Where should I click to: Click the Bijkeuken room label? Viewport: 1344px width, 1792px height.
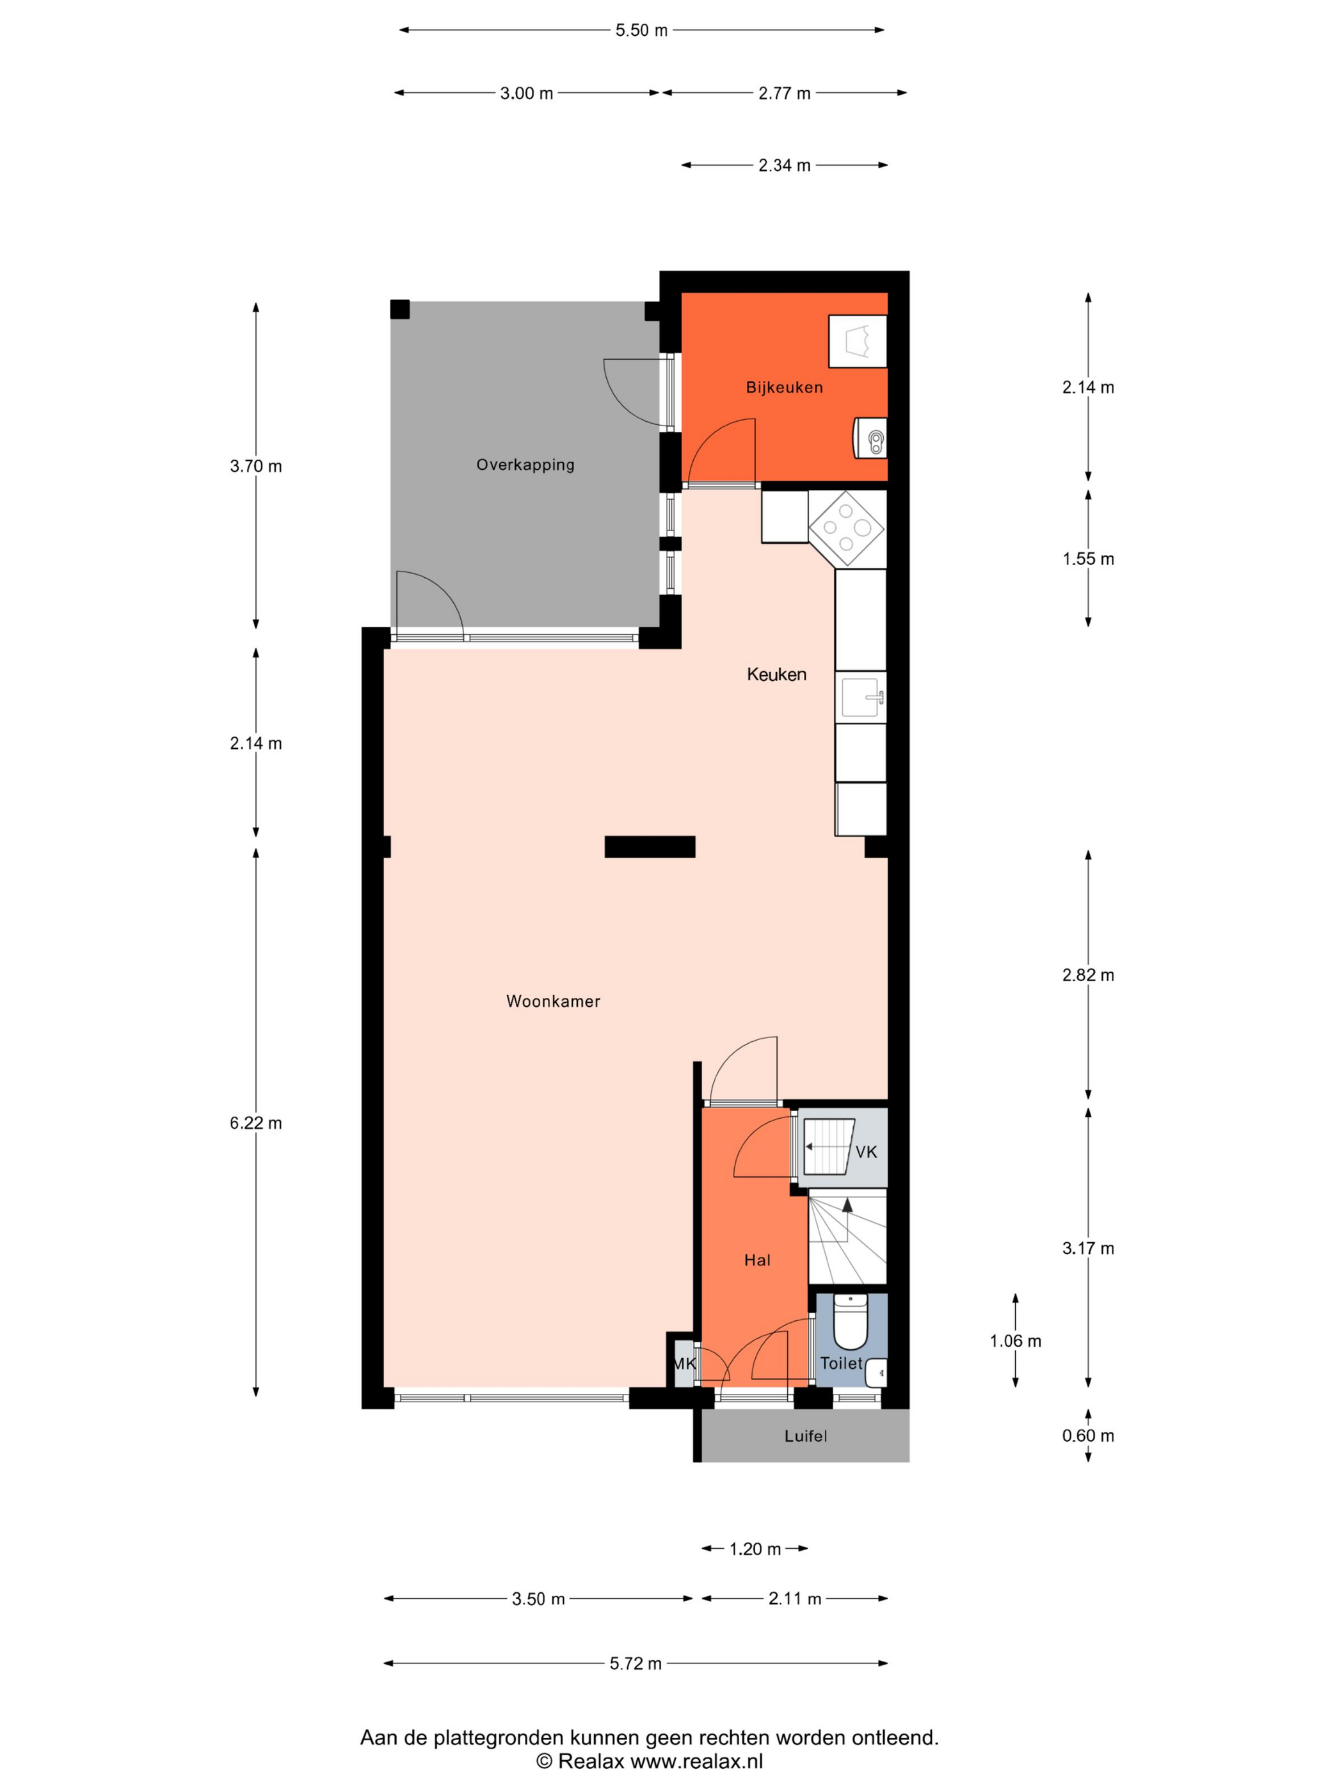(783, 387)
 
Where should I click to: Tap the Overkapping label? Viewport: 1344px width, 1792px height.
(525, 465)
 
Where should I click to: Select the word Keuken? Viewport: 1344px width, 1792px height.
(776, 674)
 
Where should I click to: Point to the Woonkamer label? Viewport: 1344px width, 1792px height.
(554, 1002)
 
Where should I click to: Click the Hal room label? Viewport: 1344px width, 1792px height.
(756, 1260)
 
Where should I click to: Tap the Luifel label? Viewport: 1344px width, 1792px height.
(805, 1436)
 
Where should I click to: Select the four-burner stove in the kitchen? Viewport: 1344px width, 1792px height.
(847, 528)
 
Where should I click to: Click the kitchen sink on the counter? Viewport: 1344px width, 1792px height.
(861, 697)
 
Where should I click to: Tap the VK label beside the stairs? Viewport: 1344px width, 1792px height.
(866, 1152)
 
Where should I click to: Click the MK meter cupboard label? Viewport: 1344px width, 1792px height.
(684, 1363)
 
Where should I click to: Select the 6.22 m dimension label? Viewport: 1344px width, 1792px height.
(256, 1123)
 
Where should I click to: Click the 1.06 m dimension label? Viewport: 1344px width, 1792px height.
(1015, 1341)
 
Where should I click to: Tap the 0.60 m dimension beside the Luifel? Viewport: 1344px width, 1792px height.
(1088, 1436)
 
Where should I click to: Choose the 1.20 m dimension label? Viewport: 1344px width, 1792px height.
(755, 1549)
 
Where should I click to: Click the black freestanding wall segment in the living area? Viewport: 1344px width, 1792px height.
(650, 847)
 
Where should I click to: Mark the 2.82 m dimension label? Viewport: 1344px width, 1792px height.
(1088, 975)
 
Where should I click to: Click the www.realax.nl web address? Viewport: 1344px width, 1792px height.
(697, 1761)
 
